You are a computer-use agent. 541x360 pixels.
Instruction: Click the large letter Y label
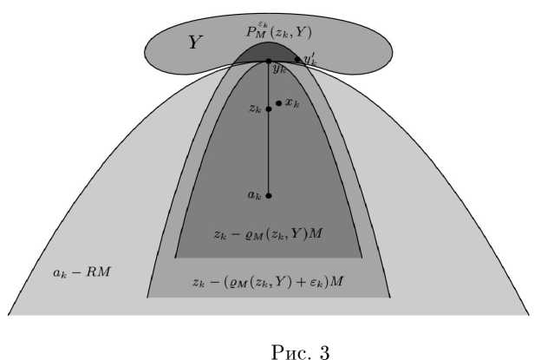coord(195,42)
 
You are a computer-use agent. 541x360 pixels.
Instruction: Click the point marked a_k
coord(269,196)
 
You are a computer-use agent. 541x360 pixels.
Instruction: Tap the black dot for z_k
coord(269,109)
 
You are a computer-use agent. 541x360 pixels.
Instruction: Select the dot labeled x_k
coord(278,102)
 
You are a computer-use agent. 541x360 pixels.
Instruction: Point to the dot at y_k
coord(269,61)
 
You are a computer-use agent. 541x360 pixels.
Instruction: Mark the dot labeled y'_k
coord(297,60)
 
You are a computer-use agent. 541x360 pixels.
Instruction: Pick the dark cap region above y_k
coord(269,52)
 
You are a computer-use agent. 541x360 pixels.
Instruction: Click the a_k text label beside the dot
coord(254,196)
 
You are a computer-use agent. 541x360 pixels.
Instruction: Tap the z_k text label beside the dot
coord(255,109)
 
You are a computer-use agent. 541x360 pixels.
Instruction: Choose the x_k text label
coord(292,102)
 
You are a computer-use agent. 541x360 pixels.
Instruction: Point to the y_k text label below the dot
coord(278,69)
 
